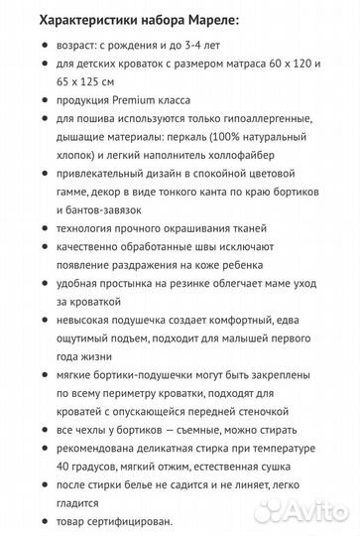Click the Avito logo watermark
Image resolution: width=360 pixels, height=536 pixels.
[320, 512]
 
